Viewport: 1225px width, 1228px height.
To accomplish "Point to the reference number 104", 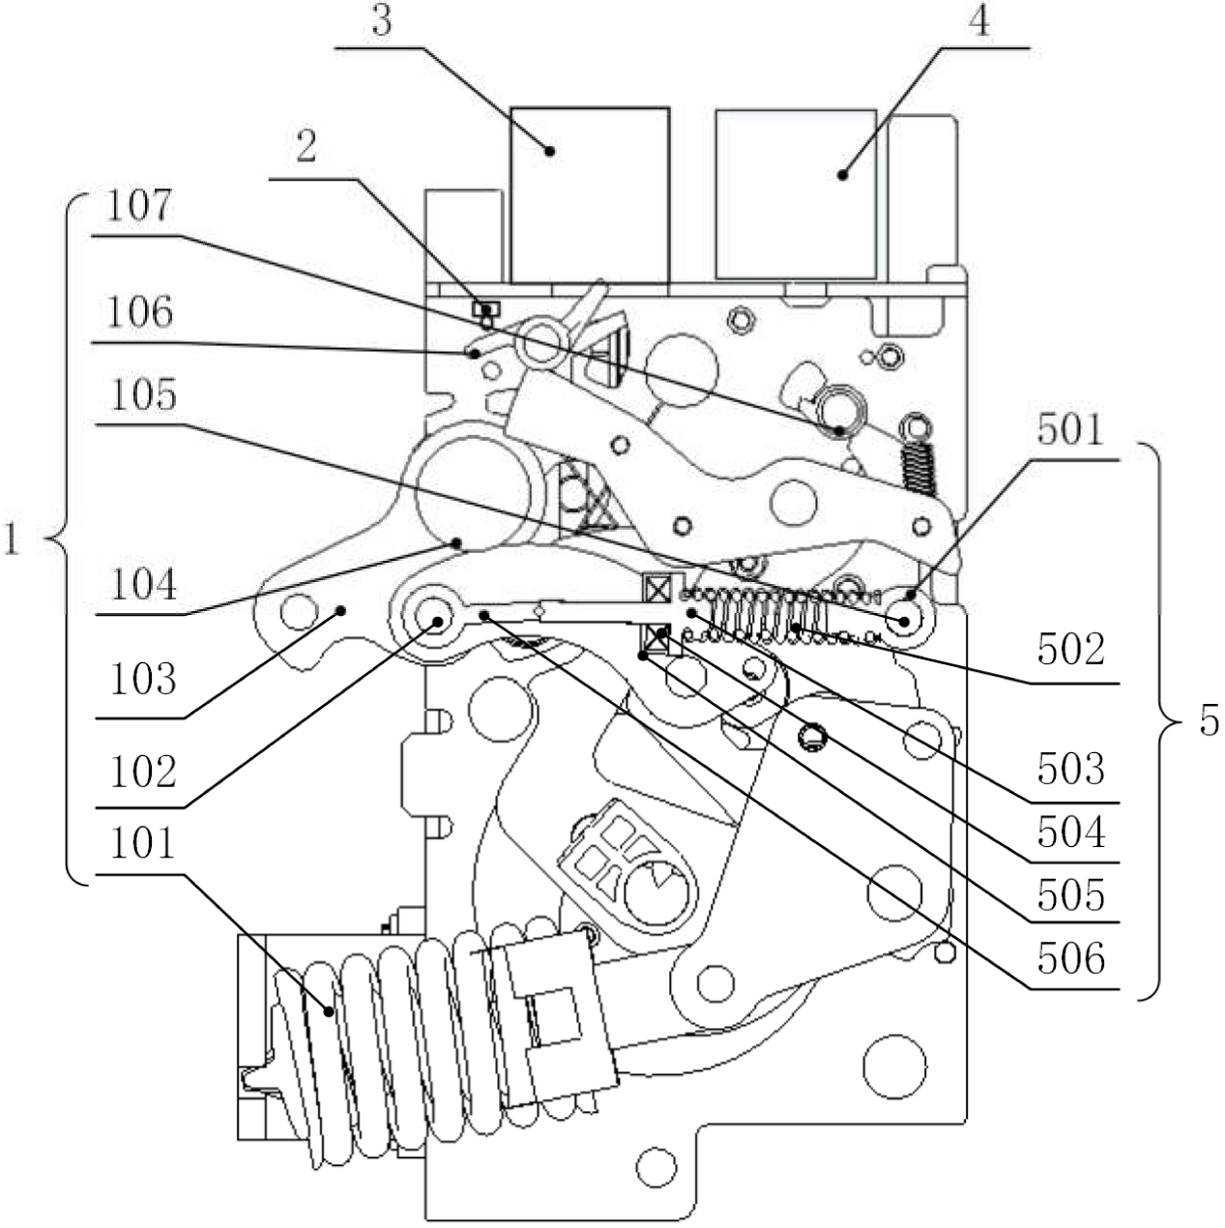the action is tap(143, 584).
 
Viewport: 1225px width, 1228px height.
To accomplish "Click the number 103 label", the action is tap(143, 679).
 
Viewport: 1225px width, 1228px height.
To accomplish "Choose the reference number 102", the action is tap(143, 772).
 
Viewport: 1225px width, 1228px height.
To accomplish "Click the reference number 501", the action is tap(1070, 430).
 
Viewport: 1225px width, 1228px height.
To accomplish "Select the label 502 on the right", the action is tap(1071, 650).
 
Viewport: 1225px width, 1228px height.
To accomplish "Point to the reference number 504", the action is tap(1071, 832).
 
